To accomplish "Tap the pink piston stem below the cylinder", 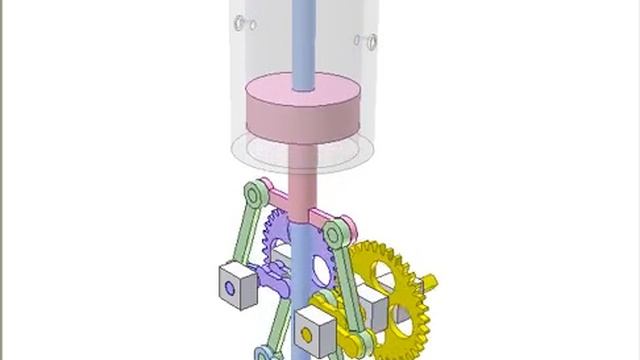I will point(299,170).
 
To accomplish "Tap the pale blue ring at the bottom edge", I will point(264,353).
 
